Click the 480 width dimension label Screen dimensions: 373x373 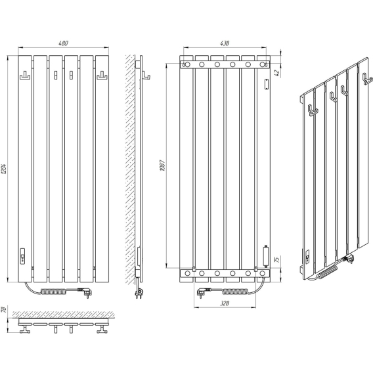[63, 43]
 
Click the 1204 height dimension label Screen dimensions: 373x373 [4, 169]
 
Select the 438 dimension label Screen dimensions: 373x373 [225, 43]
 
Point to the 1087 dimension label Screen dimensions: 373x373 [162, 165]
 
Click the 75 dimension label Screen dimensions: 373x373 [277, 259]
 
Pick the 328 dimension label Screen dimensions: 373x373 [225, 303]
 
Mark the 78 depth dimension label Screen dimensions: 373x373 [3, 309]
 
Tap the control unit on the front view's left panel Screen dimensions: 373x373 [22, 256]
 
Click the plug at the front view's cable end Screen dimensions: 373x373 [86, 293]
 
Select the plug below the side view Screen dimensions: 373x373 [139, 292]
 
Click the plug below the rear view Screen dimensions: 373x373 [203, 292]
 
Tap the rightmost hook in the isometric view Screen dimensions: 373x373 [367, 79]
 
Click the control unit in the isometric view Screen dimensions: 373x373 [307, 256]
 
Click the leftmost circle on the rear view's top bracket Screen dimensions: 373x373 [187, 64]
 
